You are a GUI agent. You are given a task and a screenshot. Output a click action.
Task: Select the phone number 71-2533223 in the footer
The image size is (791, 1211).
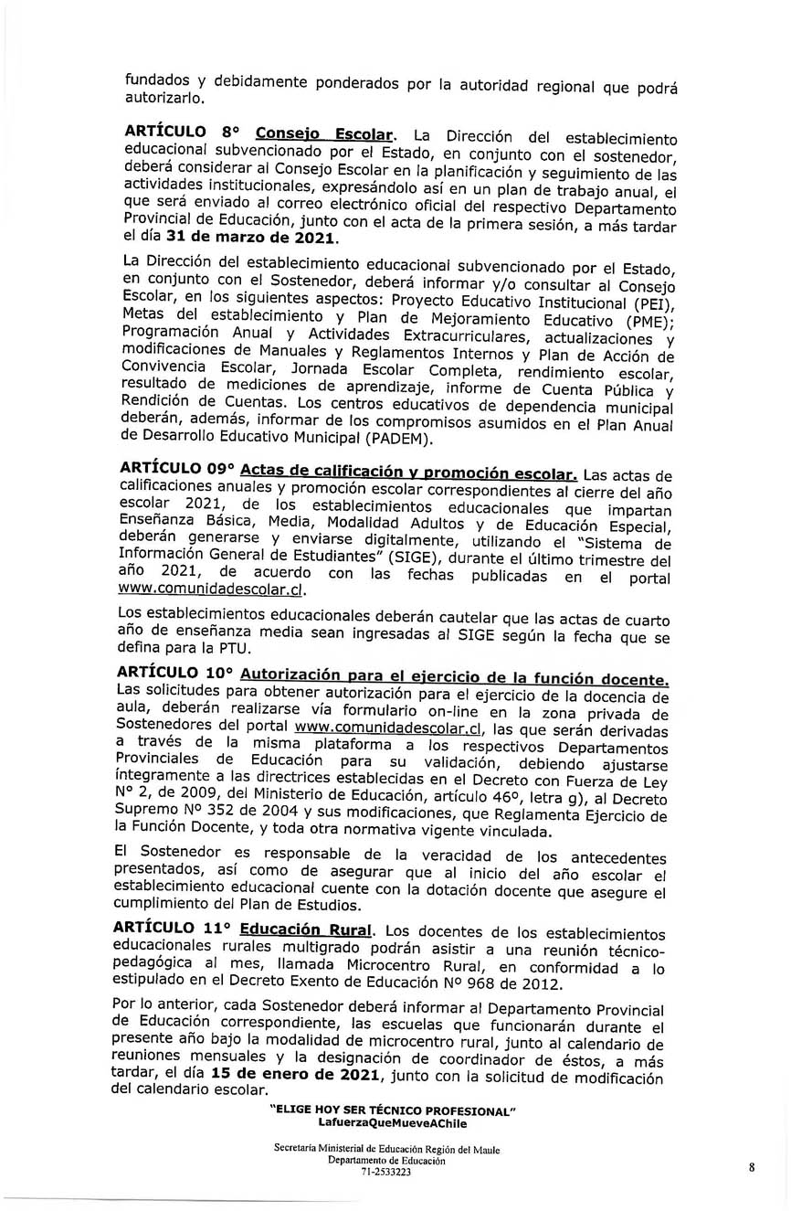pos(387,1173)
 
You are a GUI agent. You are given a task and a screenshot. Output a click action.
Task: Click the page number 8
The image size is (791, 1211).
pos(751,1167)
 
